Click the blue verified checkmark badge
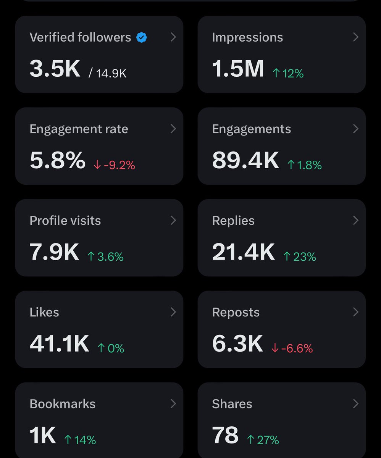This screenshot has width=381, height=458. click(142, 37)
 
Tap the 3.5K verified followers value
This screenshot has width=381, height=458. click(55, 69)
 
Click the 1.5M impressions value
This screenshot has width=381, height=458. click(238, 69)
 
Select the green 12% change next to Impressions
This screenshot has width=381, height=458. click(288, 73)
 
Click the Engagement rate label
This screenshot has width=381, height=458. click(79, 129)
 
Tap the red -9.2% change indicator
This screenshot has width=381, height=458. click(114, 165)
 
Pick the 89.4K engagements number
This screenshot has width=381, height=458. click(245, 161)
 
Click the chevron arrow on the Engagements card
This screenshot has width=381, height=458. click(355, 129)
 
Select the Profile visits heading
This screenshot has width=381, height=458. click(65, 221)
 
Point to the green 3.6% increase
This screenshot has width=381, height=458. click(105, 256)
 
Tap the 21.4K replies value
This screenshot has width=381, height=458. click(243, 252)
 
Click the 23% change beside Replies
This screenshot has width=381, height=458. click(300, 256)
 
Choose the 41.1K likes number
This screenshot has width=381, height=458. click(59, 344)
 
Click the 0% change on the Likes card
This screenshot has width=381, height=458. click(111, 348)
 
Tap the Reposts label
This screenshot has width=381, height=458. click(236, 312)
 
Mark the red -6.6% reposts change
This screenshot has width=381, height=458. click(292, 348)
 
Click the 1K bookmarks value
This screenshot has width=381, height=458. click(43, 435)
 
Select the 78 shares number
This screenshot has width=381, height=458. click(225, 435)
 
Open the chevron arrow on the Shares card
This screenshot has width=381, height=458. click(355, 403)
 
